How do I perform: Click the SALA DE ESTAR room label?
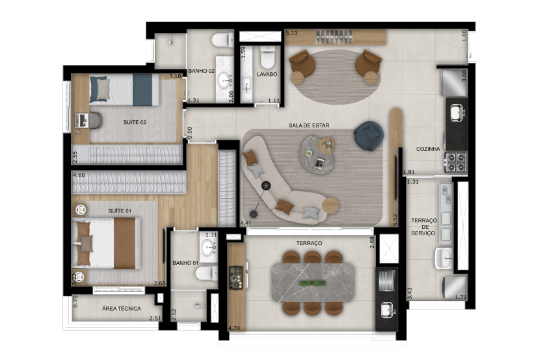(309, 125)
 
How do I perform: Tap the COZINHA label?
(428, 149)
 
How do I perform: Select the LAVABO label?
(267, 74)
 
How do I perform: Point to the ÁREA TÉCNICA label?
(122, 308)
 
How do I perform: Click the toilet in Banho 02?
(222, 40)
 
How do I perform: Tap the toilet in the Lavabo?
(268, 57)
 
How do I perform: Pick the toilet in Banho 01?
(206, 273)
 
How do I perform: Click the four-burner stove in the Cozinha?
(455, 162)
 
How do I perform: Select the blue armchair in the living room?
(369, 136)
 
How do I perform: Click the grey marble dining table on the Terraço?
(313, 282)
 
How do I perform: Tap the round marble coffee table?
(317, 155)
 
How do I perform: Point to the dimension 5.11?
(291, 33)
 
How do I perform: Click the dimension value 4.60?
(79, 175)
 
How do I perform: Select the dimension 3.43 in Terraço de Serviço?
(410, 293)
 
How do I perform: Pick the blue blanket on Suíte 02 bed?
(142, 90)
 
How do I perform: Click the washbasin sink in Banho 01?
(208, 247)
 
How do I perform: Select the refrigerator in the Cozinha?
(453, 83)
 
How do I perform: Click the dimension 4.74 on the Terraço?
(234, 328)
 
